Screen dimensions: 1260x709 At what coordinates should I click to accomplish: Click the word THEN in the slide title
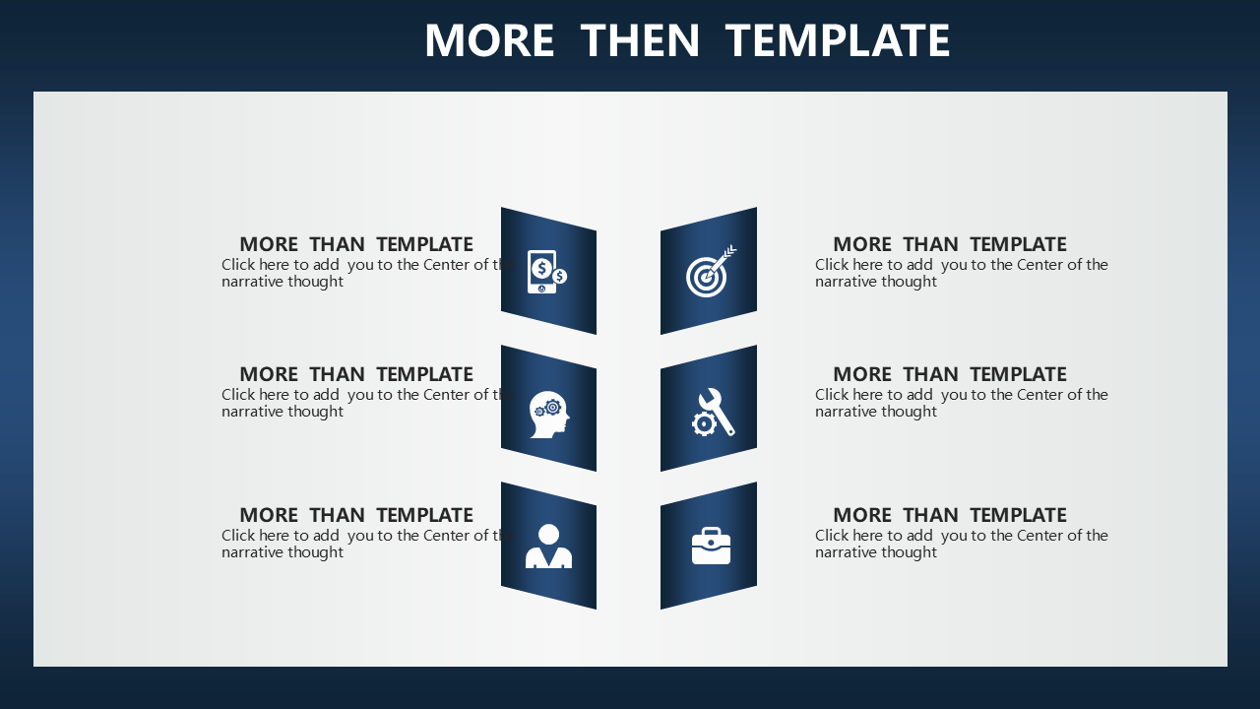[x=640, y=40]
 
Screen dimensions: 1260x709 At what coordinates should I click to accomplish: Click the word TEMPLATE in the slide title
[x=838, y=40]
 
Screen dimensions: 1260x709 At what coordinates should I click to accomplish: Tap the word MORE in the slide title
[x=489, y=40]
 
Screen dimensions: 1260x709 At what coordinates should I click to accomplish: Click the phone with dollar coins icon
[x=546, y=272]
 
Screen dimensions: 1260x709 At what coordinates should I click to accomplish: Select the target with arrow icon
[x=711, y=271]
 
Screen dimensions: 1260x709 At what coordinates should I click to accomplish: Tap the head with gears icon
[x=549, y=415]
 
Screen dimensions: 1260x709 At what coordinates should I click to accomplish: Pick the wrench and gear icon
[x=714, y=412]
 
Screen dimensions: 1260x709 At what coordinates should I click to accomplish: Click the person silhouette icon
[x=548, y=546]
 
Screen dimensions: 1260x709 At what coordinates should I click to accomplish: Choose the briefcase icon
[x=711, y=546]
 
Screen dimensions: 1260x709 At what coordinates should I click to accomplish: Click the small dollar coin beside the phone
[x=559, y=277]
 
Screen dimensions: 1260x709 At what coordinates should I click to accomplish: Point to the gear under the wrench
[x=704, y=424]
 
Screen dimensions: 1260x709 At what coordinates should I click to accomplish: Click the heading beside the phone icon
[x=356, y=244]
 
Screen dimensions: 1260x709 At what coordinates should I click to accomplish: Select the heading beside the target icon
[x=950, y=244]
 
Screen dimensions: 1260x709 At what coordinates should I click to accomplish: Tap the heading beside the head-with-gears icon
[x=356, y=374]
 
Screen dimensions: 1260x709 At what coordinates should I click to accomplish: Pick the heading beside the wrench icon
[x=950, y=374]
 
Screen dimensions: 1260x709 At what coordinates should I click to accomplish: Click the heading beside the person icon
[x=356, y=515]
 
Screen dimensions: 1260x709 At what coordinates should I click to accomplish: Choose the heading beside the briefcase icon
[x=950, y=515]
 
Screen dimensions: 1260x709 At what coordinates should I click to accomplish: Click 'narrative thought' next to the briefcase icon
[x=876, y=552]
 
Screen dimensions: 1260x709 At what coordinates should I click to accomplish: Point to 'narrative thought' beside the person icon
[x=283, y=552]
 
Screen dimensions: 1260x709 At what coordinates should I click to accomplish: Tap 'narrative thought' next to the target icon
[x=876, y=282]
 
